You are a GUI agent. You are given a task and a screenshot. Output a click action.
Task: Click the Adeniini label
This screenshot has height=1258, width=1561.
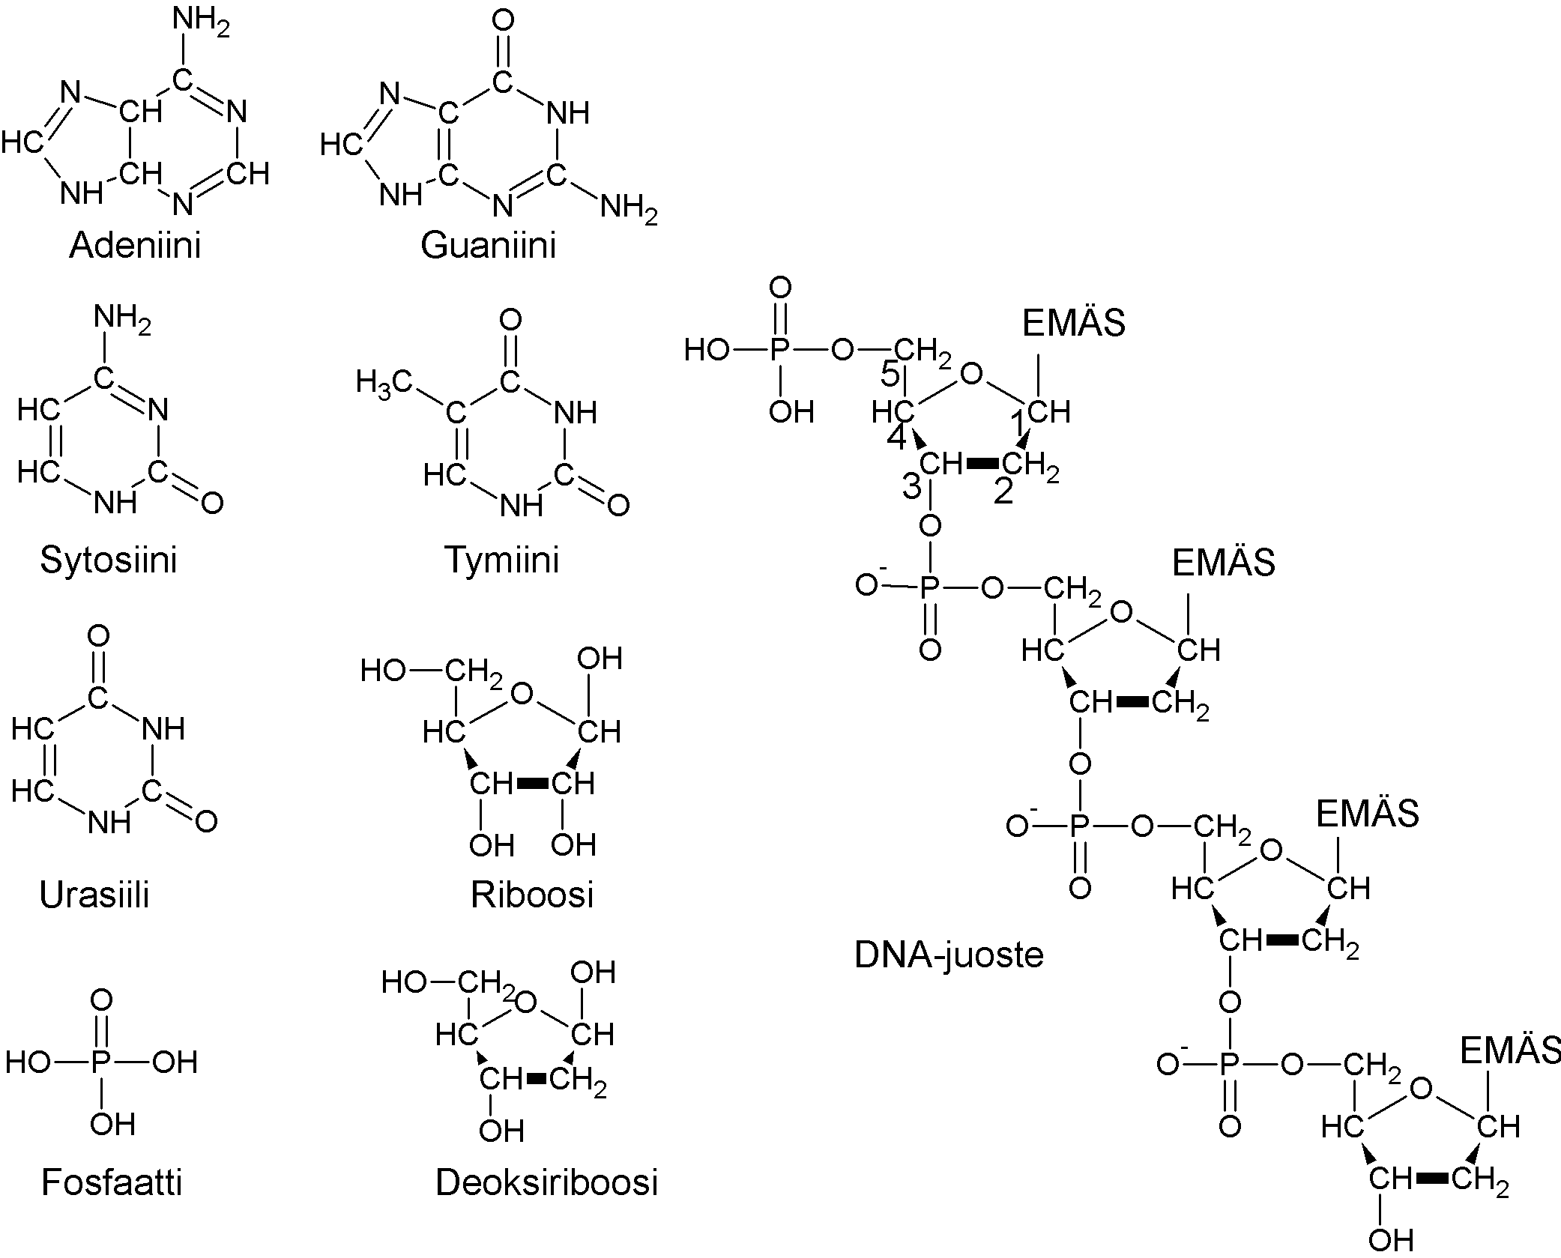[135, 245]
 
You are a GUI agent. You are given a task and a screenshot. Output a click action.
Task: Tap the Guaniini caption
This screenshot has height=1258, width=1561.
[488, 245]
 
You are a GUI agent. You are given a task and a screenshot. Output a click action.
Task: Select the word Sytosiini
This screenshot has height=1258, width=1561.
[109, 560]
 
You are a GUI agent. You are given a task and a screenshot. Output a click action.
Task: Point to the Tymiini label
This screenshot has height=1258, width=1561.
[502, 560]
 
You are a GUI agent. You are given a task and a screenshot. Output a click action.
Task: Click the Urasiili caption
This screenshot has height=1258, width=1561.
[94, 895]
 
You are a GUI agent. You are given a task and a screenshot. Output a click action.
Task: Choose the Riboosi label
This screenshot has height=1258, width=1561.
[532, 895]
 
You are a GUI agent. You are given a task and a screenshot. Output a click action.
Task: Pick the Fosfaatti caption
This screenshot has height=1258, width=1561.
[112, 1182]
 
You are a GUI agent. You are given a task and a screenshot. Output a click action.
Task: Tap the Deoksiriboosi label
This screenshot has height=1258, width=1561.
[546, 1182]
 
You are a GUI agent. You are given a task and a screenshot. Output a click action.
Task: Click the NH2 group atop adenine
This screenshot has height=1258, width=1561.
[201, 24]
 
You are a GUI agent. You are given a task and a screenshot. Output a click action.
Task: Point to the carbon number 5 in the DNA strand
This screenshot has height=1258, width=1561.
[890, 374]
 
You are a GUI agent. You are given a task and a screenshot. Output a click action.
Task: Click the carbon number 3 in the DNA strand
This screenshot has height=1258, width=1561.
[911, 487]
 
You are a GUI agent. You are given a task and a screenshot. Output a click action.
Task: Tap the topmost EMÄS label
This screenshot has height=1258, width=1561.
[1074, 324]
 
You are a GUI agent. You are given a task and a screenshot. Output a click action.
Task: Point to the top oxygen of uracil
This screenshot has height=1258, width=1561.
[98, 637]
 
